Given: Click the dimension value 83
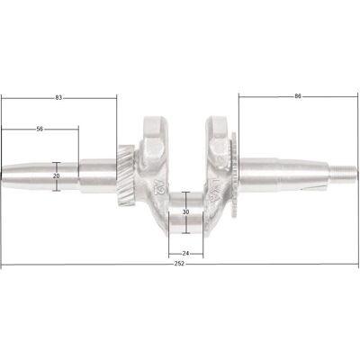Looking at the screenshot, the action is coord(58,98).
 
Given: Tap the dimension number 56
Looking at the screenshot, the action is coord(40,129).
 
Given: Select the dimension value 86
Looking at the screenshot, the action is coord(298,96).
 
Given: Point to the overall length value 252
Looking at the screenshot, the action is coord(179,264).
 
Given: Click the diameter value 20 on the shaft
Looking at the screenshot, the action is coord(56,176).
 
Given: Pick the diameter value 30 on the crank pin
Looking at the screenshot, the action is coord(186,212).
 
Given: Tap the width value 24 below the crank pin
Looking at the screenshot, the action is coord(185,254).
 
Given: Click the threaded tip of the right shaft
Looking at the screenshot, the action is coord(344,174).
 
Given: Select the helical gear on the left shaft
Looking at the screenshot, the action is coord(126,175).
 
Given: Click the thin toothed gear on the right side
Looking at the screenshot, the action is coord(234,175).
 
